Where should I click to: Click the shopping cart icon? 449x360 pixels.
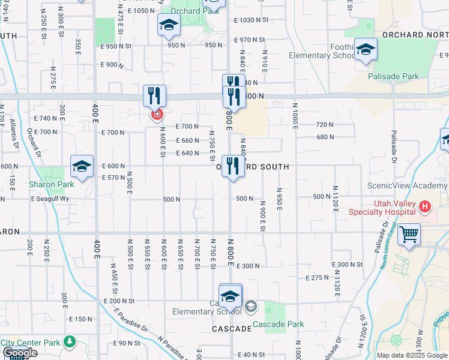coord(409,234)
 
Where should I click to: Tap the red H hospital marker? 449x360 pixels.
coord(426,208)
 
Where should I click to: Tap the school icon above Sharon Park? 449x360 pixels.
coord(82,166)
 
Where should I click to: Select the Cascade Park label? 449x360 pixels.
coord(278,324)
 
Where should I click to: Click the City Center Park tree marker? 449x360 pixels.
coord(70,342)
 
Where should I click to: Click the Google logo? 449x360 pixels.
coord(20,353)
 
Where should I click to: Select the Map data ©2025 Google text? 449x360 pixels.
coord(411,355)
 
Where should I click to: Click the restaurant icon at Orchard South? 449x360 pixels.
coord(233,166)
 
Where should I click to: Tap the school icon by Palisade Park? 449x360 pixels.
coord(365,50)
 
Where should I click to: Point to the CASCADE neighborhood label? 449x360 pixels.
coord(232,329)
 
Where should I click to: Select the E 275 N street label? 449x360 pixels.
coord(317,278)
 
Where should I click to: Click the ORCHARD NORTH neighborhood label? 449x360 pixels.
coord(415,34)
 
